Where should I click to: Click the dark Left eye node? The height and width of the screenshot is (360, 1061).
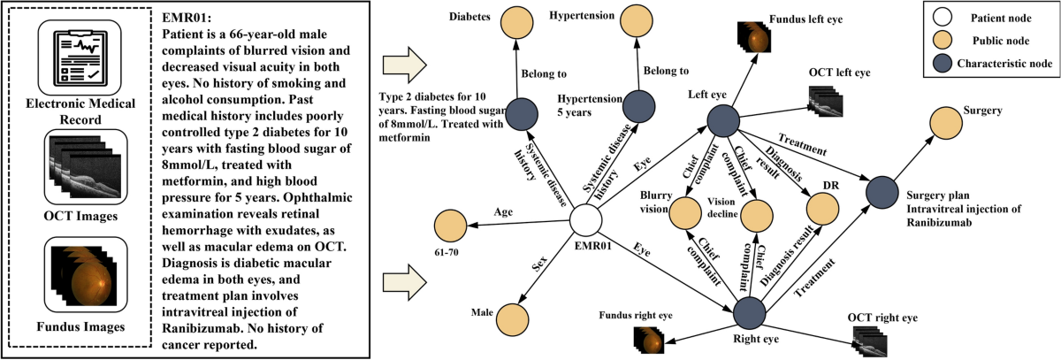723,121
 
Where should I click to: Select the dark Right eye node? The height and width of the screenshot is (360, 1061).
748,311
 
